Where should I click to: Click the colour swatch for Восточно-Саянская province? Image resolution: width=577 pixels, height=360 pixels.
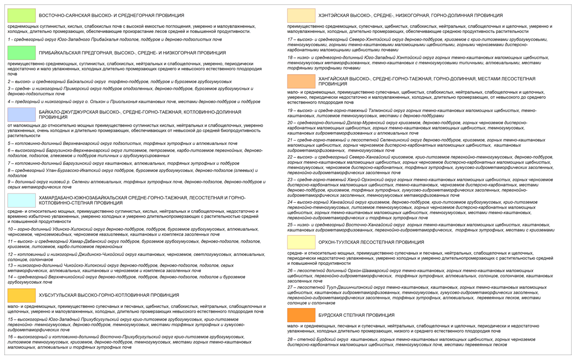22,16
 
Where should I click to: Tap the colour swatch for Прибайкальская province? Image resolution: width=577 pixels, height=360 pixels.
22,53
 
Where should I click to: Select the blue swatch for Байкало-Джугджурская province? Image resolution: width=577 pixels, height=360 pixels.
22,114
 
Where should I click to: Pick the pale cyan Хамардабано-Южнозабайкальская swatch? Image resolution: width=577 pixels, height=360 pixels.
22,200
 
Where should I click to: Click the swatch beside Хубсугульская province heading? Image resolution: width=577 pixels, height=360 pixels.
22,295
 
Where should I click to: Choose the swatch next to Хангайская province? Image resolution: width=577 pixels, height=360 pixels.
301,81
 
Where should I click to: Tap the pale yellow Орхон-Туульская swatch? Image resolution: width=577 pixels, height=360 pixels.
301,242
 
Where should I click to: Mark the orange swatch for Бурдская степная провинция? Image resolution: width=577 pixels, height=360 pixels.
301,315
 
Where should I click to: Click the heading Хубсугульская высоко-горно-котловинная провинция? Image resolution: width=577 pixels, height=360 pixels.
109,296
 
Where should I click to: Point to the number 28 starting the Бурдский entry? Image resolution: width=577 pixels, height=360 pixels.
290,339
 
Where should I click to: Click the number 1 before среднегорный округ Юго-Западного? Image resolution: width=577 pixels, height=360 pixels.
9,39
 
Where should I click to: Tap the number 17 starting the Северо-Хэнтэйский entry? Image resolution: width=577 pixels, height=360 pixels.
290,39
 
